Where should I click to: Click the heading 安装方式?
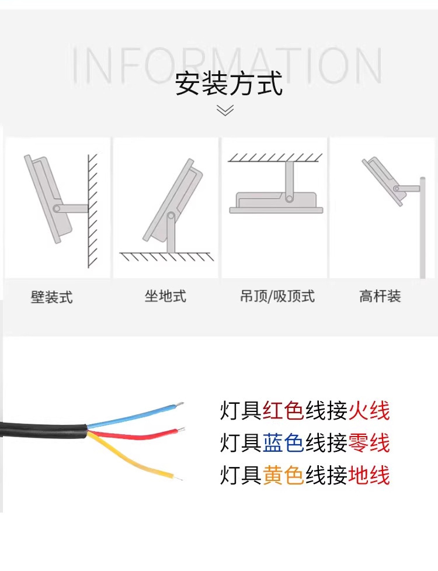[229, 82]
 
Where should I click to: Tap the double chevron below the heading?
[225, 110]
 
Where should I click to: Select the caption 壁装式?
[51, 297]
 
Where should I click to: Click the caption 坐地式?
[165, 296]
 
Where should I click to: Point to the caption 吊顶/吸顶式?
[277, 296]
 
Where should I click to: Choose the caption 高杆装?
[380, 296]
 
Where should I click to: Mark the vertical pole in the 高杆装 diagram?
[422, 228]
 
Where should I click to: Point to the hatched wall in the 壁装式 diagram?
[92, 210]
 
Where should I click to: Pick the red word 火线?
[369, 411]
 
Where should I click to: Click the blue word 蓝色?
[283, 443]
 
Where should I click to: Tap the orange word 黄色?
[283, 475]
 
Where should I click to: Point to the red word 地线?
[369, 475]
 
